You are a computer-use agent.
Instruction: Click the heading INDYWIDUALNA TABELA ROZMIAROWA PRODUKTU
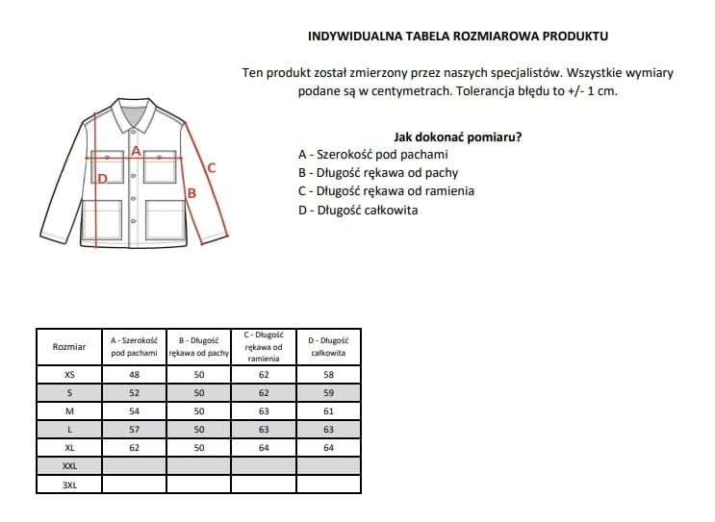(x=457, y=36)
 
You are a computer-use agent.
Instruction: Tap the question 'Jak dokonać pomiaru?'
(x=458, y=137)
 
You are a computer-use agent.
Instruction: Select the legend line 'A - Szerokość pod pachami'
(x=373, y=154)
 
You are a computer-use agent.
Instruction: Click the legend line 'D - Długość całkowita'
(x=358, y=210)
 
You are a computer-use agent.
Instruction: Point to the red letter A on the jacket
(x=136, y=150)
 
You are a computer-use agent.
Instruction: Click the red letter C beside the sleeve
(x=212, y=168)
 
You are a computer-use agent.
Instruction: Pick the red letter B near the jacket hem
(x=192, y=193)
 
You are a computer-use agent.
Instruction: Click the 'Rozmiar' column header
(x=68, y=346)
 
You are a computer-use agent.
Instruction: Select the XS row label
(x=68, y=375)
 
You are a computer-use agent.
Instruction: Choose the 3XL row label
(x=68, y=485)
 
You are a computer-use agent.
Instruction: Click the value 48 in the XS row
(x=134, y=375)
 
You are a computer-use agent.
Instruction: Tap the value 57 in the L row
(x=134, y=430)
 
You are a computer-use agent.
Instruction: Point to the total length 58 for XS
(x=328, y=375)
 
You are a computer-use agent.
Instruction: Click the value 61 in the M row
(x=328, y=411)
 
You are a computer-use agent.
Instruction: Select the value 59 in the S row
(x=328, y=393)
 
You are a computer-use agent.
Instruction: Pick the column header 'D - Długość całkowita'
(x=328, y=346)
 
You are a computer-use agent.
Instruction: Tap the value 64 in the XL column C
(x=264, y=448)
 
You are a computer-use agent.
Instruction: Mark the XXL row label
(x=68, y=466)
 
